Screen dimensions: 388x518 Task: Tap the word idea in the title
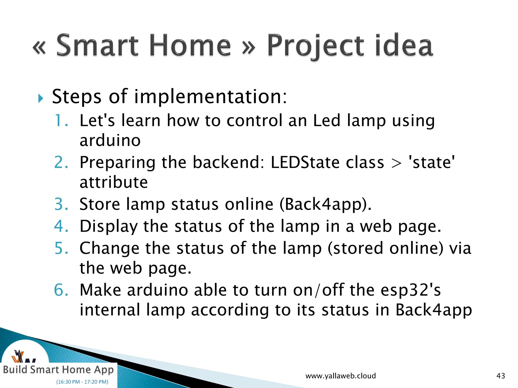(404, 45)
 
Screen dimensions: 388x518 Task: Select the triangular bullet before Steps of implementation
(40, 98)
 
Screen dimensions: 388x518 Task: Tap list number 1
(61, 120)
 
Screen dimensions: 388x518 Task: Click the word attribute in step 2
(114, 182)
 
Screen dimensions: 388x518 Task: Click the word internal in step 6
(110, 310)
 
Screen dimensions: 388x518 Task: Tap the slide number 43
(501, 376)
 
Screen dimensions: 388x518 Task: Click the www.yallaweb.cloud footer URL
(340, 376)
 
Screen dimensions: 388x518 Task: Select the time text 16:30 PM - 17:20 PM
(82, 382)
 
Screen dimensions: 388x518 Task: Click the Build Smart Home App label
(58, 370)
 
